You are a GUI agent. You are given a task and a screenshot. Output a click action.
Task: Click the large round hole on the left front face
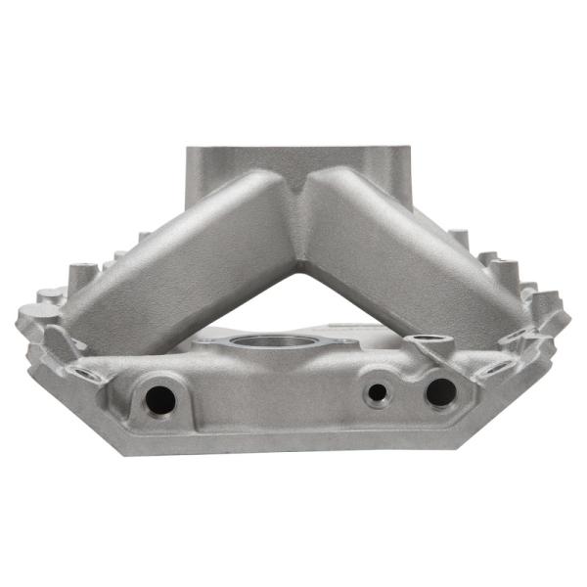coord(158,397)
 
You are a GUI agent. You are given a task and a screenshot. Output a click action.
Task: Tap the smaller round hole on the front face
coord(378,394)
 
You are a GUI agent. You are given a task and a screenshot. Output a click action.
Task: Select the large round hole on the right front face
coord(440,392)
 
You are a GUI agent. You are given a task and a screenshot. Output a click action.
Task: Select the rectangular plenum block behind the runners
coord(293,161)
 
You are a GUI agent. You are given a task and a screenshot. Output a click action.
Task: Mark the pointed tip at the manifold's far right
coord(568,317)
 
